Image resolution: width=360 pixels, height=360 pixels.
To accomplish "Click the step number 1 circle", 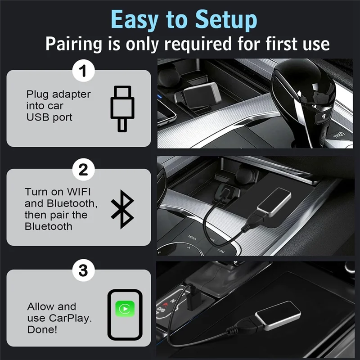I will pos(83,71).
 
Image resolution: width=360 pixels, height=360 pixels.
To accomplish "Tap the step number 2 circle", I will pos(83,170).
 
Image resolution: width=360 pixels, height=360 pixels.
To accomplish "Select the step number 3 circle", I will pos(83,270).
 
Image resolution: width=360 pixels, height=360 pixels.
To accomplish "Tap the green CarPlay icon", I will pos(125,309).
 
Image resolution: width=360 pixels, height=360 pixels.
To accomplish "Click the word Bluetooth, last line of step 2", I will pos(48,226).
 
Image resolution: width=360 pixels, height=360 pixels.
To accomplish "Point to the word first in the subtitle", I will pos(263,44).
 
